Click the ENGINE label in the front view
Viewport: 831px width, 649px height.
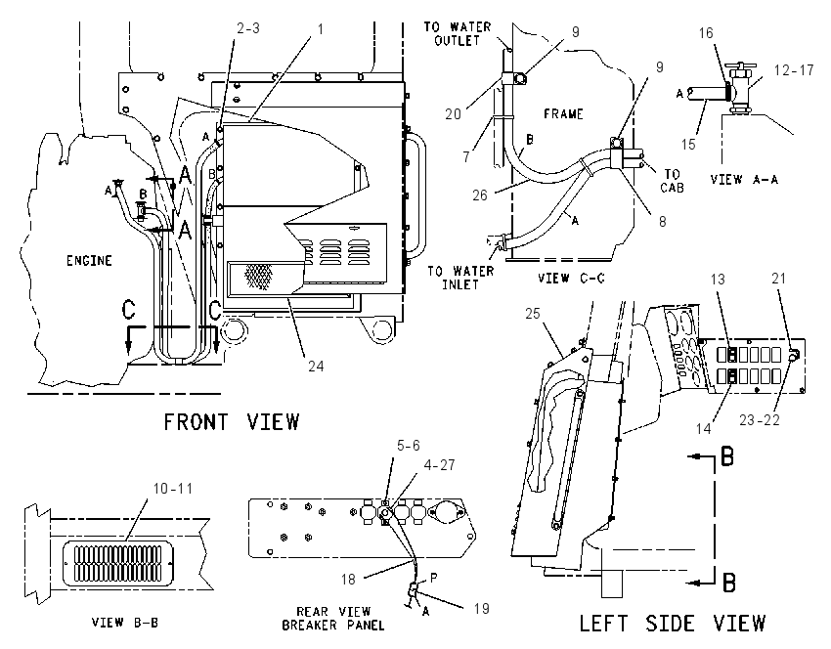point(89,261)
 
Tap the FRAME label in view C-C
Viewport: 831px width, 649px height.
point(563,114)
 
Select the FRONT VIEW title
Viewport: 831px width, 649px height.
point(232,422)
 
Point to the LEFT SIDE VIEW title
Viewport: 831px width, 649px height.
point(672,623)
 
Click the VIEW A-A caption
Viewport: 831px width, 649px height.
point(744,180)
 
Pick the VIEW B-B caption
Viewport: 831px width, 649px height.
point(125,622)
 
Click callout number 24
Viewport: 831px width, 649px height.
point(316,367)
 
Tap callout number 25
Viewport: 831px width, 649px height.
point(532,314)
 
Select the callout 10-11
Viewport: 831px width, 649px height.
point(172,489)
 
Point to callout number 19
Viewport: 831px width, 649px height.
point(481,608)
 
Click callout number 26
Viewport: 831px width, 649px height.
point(480,195)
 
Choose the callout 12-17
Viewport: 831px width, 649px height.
point(794,70)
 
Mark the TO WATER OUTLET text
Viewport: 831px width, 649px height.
point(458,34)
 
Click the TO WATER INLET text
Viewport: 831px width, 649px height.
point(460,278)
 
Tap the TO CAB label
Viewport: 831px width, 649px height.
point(672,181)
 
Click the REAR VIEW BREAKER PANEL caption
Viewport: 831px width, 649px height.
point(333,619)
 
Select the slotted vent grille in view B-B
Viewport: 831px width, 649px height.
point(117,563)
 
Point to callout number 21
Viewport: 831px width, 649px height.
point(778,279)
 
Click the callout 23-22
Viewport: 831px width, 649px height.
point(760,419)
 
